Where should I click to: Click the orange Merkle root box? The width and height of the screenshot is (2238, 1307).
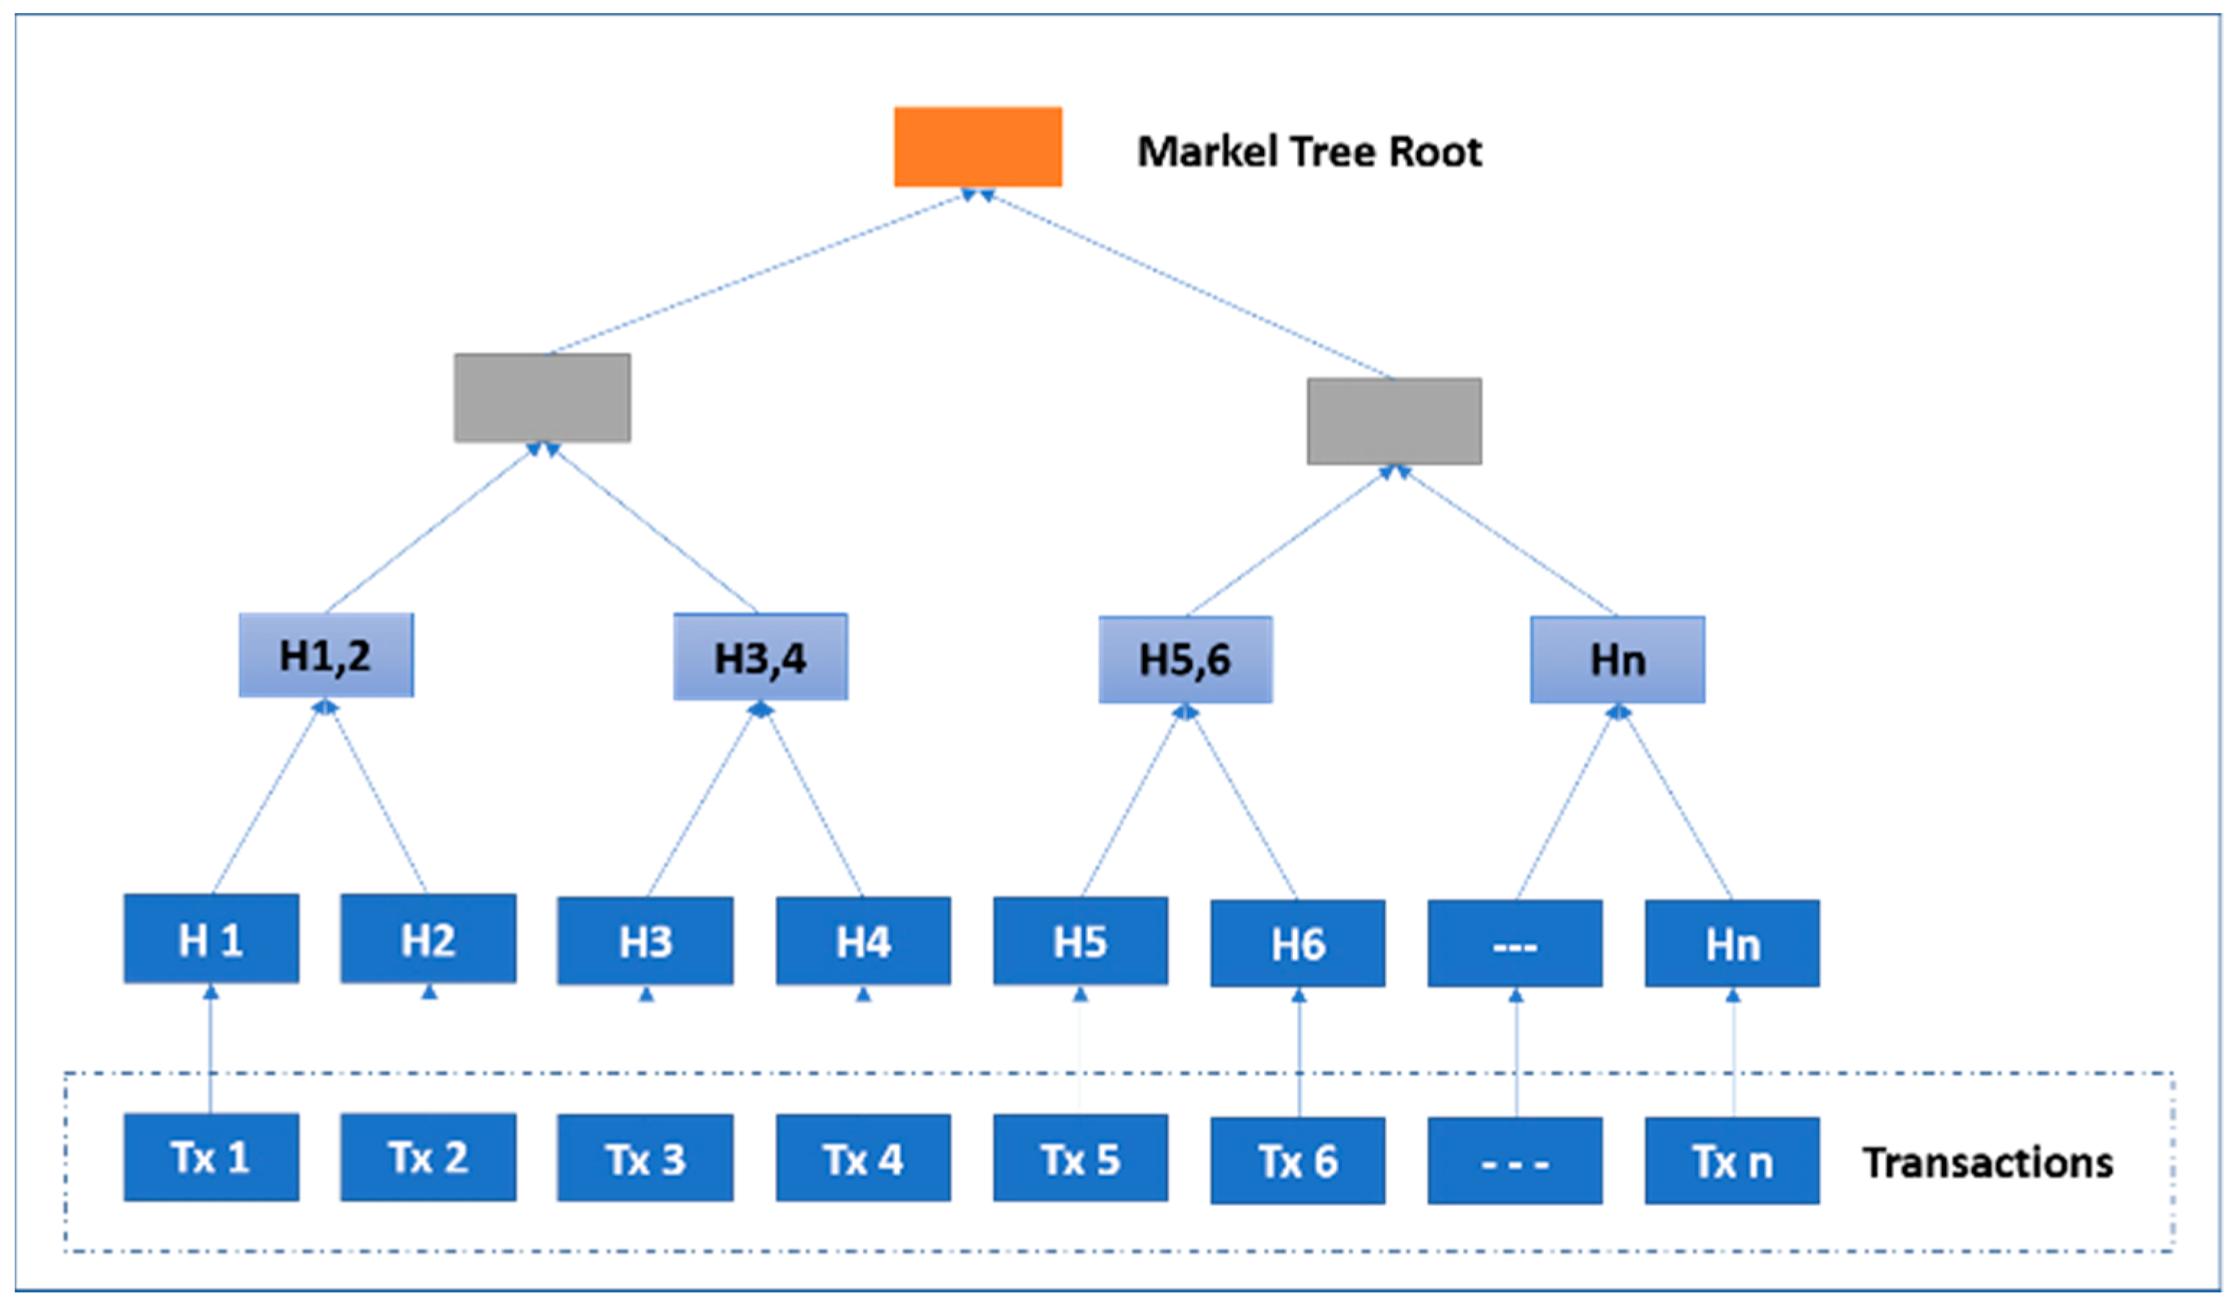[x=978, y=146]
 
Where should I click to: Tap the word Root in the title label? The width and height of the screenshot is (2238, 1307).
[x=1436, y=152]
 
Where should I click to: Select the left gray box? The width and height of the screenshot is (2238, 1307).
[x=543, y=397]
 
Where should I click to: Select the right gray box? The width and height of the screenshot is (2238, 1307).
[x=1394, y=421]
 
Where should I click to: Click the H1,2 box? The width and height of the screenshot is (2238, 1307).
[x=326, y=655]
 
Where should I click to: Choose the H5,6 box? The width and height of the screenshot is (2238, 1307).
[x=1185, y=660]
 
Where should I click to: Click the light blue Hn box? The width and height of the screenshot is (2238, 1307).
[x=1617, y=660]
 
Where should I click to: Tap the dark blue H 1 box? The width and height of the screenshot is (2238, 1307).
[x=211, y=939]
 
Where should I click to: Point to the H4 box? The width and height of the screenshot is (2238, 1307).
[x=863, y=942]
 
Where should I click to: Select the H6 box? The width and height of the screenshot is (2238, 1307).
[x=1298, y=944]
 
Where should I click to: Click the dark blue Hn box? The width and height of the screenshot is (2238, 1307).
[x=1732, y=944]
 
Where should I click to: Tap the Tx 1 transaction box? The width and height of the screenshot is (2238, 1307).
[x=211, y=1158]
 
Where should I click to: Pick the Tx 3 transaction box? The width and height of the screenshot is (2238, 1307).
[x=645, y=1158]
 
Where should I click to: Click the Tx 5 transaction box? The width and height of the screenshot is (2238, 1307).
[x=1080, y=1158]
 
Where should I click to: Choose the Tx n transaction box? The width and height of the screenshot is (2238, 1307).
[x=1732, y=1161]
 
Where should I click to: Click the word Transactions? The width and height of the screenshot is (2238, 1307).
[x=1988, y=1162]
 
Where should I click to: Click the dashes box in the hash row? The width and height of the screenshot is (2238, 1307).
[x=1515, y=944]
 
